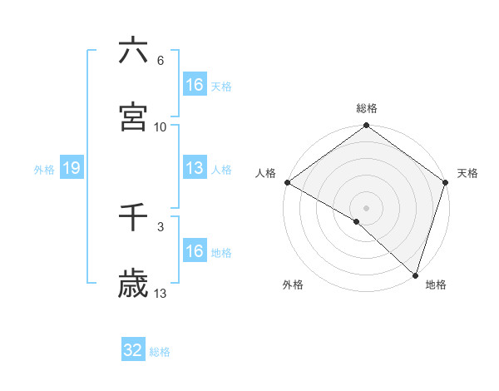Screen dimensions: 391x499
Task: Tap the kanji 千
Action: coord(133,218)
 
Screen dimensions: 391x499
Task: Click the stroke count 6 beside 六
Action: coord(161,61)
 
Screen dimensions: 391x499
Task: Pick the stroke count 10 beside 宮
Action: coord(161,127)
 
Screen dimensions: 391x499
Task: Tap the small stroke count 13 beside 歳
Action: coord(161,294)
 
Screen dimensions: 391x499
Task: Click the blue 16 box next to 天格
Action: coord(195,85)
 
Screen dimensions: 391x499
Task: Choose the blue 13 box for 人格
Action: coord(195,168)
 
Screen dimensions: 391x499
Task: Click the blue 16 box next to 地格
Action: coord(195,251)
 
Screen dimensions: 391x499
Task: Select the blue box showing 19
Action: coord(72,168)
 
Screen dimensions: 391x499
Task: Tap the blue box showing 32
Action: coord(133,350)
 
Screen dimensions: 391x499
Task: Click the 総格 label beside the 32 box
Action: coord(161,352)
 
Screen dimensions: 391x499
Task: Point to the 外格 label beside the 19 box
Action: coord(44,170)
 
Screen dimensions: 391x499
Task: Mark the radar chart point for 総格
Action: coord(366,126)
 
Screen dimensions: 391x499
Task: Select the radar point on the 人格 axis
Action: coord(287,182)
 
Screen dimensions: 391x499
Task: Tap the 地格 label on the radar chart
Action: coord(436,285)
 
